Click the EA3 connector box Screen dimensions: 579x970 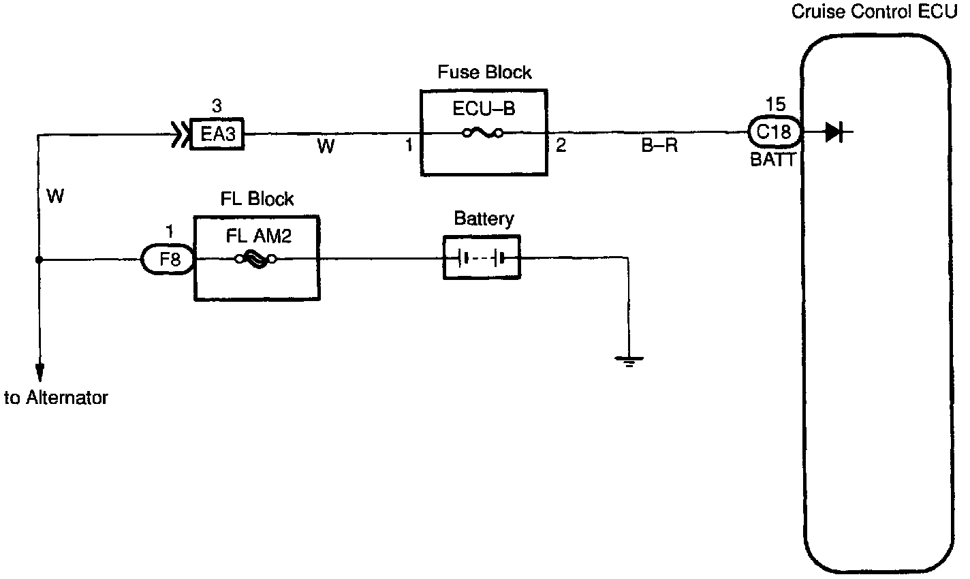(x=217, y=133)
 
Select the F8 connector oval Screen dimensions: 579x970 (x=168, y=260)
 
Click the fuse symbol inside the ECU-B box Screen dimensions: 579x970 (x=483, y=133)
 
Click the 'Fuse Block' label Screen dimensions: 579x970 (x=484, y=72)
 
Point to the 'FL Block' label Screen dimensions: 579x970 (x=257, y=199)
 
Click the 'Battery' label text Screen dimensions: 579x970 (x=484, y=219)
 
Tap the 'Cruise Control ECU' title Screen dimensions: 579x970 (x=879, y=12)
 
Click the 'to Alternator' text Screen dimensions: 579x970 (x=56, y=398)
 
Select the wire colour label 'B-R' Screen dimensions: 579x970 (x=659, y=146)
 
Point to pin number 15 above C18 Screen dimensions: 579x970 (x=775, y=106)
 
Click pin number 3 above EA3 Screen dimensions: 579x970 (x=217, y=106)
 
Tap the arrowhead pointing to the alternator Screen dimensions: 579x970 (x=40, y=371)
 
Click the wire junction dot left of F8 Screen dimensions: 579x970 (x=40, y=260)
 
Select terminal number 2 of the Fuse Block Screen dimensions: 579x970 (x=561, y=145)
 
